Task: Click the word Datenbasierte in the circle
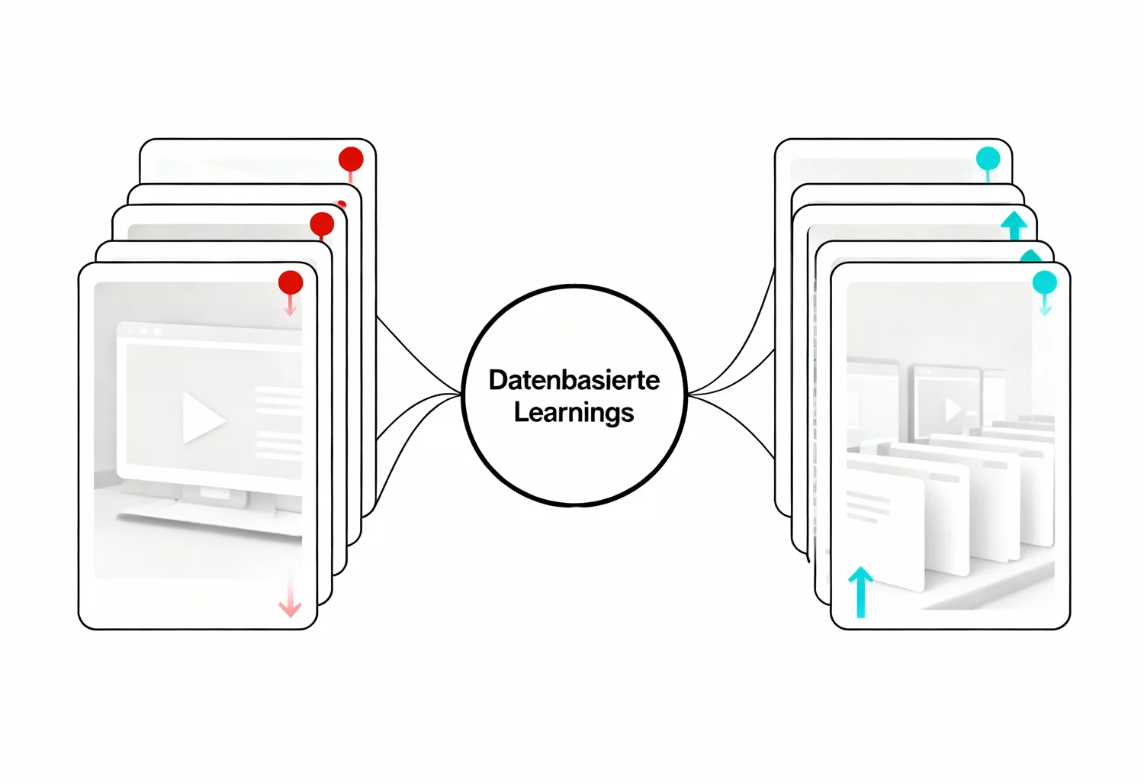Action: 574,380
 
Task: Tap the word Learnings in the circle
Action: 574,413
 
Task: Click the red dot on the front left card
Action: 291,282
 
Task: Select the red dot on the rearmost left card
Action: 351,159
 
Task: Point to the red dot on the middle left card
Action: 322,224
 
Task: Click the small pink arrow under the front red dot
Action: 290,305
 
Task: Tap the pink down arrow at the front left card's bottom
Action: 290,595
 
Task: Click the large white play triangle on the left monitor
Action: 203,417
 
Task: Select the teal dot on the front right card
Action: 1044,282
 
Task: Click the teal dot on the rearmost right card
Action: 988,159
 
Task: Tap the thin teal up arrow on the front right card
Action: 860,592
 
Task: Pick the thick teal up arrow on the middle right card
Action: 1014,225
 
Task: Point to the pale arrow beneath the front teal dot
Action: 1045,304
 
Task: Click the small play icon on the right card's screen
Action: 953,409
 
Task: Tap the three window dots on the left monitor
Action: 143,332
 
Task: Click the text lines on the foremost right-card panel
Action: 868,507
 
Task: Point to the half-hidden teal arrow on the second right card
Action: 1030,256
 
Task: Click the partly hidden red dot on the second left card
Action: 341,205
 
